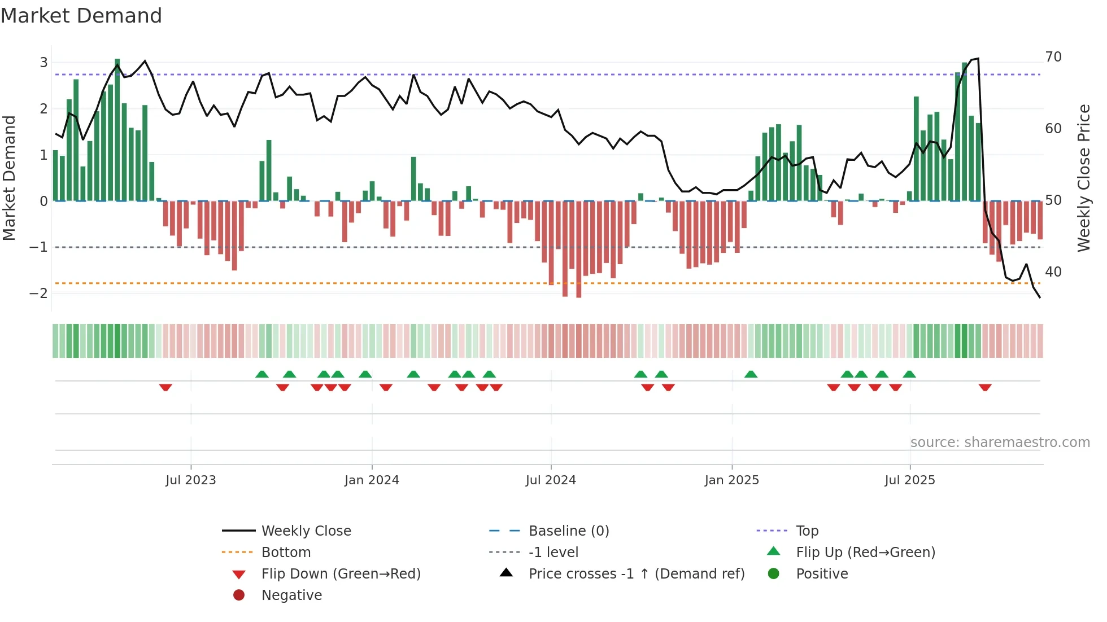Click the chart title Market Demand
click(81, 16)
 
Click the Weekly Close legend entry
click(306, 531)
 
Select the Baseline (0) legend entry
click(568, 531)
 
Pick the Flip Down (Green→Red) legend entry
click(341, 573)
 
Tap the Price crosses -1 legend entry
click(636, 573)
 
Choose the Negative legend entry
click(291, 595)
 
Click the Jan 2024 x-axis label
click(372, 480)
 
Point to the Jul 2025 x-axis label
click(909, 480)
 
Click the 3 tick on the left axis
click(43, 62)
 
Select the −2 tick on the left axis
click(38, 293)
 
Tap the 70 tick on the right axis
click(1053, 56)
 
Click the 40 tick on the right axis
click(1053, 271)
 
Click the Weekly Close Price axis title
click(1083, 178)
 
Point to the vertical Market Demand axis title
click(9, 178)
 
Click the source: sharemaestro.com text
click(1000, 442)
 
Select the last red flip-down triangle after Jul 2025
click(985, 387)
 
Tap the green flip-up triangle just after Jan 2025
click(751, 374)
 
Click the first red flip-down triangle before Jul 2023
click(165, 387)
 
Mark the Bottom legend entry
click(286, 552)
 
